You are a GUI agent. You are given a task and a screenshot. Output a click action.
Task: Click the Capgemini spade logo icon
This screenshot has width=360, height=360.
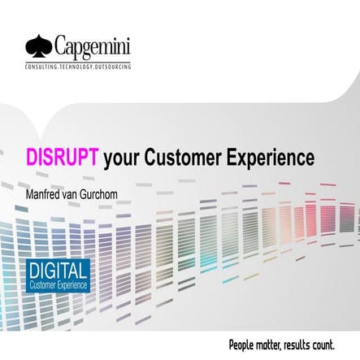38,42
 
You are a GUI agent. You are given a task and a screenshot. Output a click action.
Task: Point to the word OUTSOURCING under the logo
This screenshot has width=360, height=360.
113,63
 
